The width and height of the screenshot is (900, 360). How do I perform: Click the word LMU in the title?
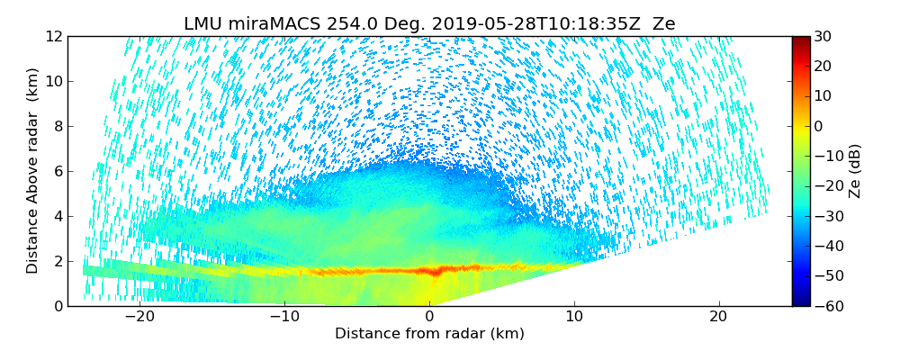coord(203,24)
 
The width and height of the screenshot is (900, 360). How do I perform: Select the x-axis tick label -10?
coord(283,317)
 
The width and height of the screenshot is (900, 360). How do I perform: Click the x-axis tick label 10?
coord(574,317)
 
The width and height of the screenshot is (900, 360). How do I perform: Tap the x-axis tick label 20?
coord(718,317)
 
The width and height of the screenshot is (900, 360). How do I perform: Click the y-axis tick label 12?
coord(54,37)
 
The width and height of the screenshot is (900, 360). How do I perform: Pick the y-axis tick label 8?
coord(58,127)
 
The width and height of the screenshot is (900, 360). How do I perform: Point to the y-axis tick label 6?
coord(58,172)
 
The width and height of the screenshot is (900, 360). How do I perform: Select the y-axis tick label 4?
coord(58,217)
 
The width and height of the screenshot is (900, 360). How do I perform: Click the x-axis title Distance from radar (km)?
coord(429,334)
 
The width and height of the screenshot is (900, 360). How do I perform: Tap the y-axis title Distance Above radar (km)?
coord(32,170)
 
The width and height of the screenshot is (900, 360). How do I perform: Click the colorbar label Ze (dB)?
coord(855,170)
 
